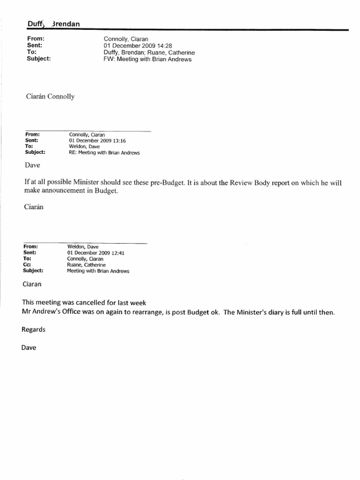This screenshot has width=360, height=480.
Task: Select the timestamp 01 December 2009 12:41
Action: (x=95, y=253)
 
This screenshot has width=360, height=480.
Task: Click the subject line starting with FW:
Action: (x=148, y=60)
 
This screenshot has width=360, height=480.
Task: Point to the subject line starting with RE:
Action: (x=104, y=152)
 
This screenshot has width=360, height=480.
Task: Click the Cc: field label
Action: (x=28, y=265)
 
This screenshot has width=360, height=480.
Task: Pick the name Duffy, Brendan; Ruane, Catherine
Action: (x=149, y=53)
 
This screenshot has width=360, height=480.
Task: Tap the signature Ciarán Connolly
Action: (x=50, y=97)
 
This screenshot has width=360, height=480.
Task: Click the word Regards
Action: (x=34, y=330)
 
